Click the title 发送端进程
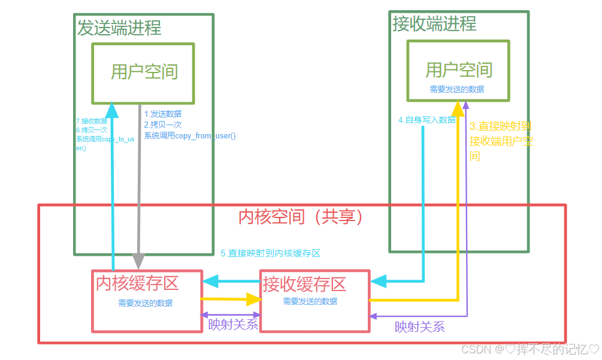pos(119,28)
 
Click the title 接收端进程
pos(434,23)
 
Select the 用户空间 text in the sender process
pos(144,72)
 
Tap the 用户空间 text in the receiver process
pos(458,69)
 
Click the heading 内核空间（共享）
pos(301,216)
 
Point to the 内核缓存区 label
pos(137,283)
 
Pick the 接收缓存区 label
pos(304,283)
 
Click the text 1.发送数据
pos(163,114)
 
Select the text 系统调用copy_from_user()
pos(190,136)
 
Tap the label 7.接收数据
pos(92,121)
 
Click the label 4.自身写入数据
pos(426,120)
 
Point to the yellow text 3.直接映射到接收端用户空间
pos(501,141)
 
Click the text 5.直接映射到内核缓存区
pos(270,253)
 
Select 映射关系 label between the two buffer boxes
pos(233,325)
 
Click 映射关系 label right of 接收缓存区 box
pos(419,327)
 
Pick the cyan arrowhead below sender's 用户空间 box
pos(112,109)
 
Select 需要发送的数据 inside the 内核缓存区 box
pos(145,303)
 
